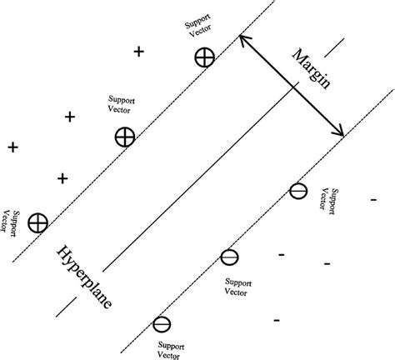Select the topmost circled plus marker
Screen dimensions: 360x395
204,57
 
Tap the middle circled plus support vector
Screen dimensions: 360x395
124,137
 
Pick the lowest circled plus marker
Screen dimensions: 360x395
37,222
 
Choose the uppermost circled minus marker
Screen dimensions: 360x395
297,192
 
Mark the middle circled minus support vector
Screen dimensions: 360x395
230,257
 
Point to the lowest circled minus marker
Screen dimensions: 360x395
162,323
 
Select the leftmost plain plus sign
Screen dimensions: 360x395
12,147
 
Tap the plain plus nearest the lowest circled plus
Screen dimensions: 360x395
62,178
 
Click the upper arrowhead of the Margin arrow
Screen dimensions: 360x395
242,37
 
